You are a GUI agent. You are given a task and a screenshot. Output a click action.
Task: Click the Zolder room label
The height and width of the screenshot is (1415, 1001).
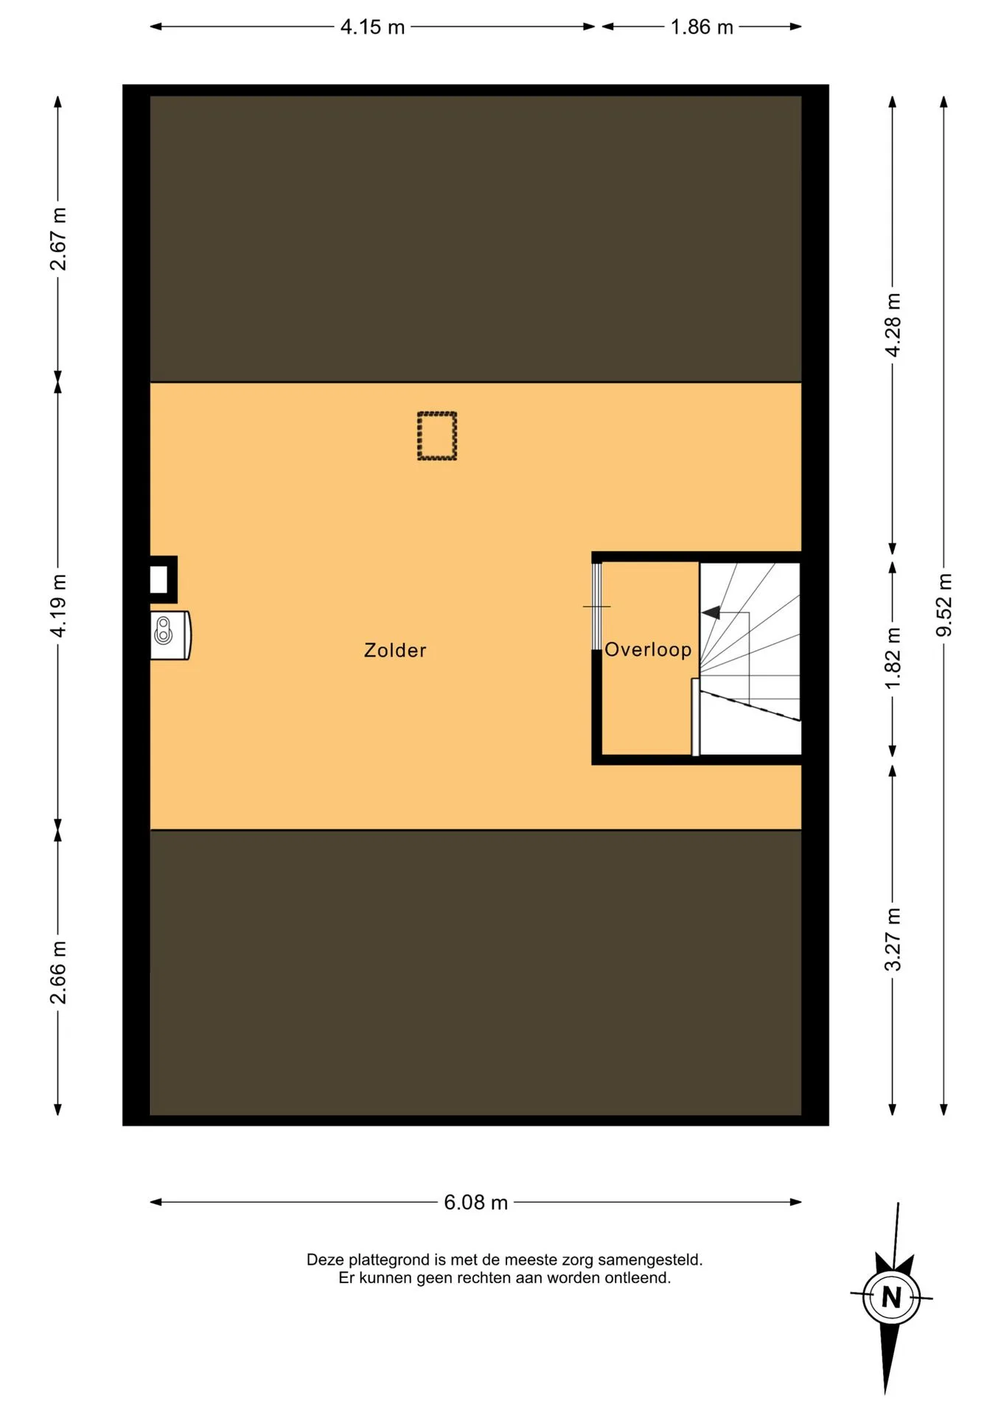click(395, 650)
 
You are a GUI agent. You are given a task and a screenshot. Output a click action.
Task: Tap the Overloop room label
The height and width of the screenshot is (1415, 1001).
click(648, 649)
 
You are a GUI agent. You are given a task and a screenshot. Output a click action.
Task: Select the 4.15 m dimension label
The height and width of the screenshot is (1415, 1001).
click(372, 27)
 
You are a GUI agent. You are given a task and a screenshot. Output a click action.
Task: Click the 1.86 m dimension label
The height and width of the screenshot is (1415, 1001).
click(702, 27)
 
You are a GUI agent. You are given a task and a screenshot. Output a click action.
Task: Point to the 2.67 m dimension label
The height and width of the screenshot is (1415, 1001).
click(58, 239)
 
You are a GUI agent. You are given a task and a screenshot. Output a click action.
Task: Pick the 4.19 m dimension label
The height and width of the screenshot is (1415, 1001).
click(58, 605)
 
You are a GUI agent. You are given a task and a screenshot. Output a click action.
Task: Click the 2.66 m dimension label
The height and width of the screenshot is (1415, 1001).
click(58, 972)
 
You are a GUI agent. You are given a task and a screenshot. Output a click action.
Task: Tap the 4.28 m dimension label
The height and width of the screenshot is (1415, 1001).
click(893, 325)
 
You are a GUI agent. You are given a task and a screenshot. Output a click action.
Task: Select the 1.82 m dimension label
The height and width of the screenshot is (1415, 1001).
click(893, 658)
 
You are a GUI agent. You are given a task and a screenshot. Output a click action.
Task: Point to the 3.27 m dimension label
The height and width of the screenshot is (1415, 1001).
click(893, 940)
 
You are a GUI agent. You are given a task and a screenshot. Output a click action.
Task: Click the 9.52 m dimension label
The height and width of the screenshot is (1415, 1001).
click(944, 604)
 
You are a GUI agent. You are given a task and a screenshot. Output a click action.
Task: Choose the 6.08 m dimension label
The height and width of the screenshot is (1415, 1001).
click(475, 1203)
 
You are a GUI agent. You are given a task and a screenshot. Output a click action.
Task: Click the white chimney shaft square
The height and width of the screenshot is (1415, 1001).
click(159, 579)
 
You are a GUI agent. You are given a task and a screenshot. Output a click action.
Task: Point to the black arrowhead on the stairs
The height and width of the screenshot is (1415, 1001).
click(711, 612)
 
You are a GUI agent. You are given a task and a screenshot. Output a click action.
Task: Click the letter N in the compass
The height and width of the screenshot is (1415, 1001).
click(891, 1297)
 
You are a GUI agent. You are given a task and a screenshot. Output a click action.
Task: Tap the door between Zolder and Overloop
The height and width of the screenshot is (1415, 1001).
click(596, 606)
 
